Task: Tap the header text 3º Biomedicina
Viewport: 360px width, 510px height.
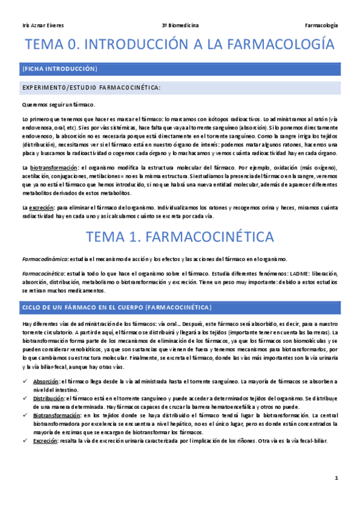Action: tap(180, 25)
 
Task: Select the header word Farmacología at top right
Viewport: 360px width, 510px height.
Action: tap(322, 25)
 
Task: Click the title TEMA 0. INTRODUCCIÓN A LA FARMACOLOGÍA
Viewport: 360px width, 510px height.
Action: tap(180, 45)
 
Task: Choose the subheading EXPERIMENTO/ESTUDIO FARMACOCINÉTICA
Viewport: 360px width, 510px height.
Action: tap(91, 88)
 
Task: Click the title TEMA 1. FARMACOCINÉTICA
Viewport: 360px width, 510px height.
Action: tap(180, 236)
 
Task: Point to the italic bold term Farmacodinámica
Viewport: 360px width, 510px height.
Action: tap(44, 259)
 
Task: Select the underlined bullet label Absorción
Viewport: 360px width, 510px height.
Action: tap(46, 381)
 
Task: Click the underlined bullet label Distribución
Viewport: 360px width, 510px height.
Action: tap(48, 398)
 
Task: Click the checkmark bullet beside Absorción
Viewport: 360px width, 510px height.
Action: tap(24, 381)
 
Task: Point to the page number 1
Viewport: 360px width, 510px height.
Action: tap(337, 478)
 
